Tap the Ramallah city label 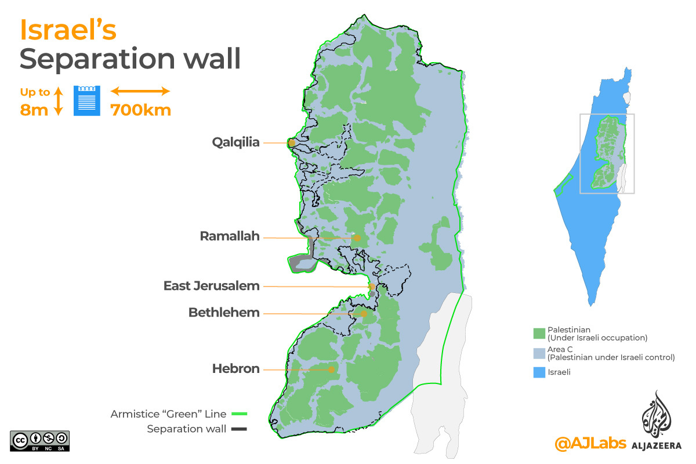(x=230, y=237)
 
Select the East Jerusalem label (x=211, y=286)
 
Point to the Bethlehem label (x=223, y=313)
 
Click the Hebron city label (x=235, y=369)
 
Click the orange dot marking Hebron (x=331, y=369)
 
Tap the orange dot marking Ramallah (x=357, y=238)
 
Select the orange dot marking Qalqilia (x=292, y=143)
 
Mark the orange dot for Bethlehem (x=364, y=314)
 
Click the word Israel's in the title (x=68, y=31)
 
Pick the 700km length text (x=141, y=109)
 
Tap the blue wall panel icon (x=87, y=100)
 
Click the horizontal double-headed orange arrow (x=140, y=91)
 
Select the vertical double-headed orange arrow (x=58, y=100)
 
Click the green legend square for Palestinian (x=538, y=333)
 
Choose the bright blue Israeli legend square (x=538, y=372)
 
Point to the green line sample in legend (x=238, y=414)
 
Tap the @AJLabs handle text (x=590, y=443)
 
